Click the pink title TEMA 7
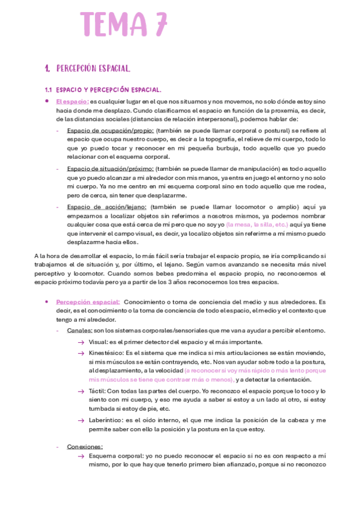click(x=123, y=25)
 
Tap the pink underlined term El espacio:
click(x=72, y=102)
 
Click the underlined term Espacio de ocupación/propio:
click(x=110, y=131)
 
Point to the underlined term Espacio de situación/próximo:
click(x=110, y=169)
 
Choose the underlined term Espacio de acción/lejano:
click(x=106, y=207)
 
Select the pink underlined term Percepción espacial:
click(x=88, y=301)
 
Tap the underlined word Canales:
click(x=79, y=330)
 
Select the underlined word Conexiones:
click(x=85, y=446)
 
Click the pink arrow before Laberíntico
click(x=81, y=420)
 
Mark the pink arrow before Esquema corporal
click(x=81, y=456)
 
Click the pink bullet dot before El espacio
click(x=47, y=101)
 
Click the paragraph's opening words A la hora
click(x=48, y=255)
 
